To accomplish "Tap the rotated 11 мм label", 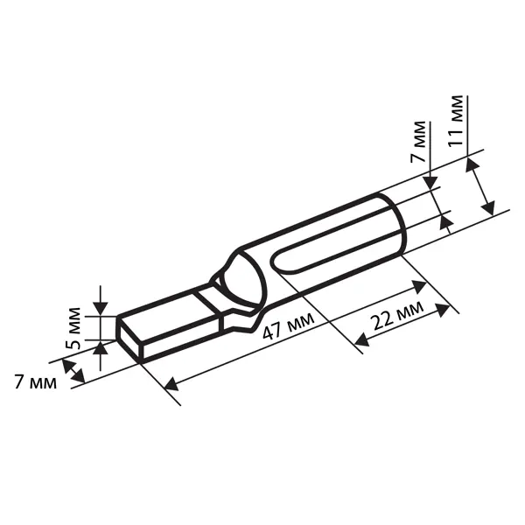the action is point(456,121).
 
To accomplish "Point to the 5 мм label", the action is point(73,328).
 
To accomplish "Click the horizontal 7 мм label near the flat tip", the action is point(36,382).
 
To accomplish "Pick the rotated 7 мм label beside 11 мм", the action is point(418,142).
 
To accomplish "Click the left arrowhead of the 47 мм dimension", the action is point(171,384).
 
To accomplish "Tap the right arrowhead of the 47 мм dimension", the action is point(419,287).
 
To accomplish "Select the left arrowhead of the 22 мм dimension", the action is point(361,339).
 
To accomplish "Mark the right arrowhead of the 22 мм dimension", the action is point(442,310).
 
